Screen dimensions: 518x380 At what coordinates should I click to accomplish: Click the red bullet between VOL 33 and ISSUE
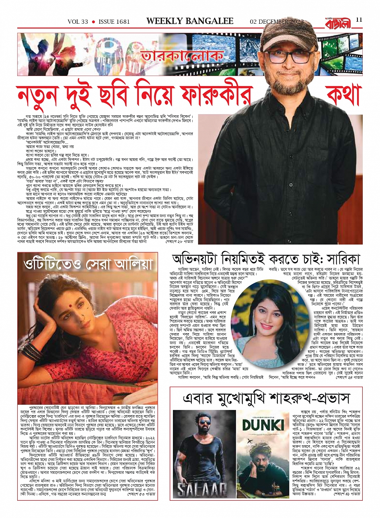(93, 22)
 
